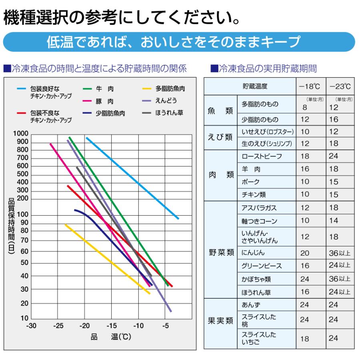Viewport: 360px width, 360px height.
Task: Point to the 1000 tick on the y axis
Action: pyautogui.click(x=21, y=134)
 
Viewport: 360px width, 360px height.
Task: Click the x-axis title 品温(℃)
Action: pyautogui.click(x=111, y=337)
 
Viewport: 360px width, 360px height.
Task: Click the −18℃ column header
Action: pyautogui.click(x=311, y=86)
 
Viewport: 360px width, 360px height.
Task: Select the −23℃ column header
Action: pyautogui.click(x=340, y=86)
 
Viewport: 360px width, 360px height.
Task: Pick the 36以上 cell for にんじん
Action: pyautogui.click(x=340, y=253)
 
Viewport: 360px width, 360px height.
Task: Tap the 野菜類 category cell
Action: pyautogui.click(x=221, y=253)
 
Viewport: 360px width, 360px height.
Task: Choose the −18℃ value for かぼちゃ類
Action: pyautogui.click(x=305, y=279)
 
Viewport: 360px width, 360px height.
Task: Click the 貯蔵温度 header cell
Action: pyautogui.click(x=255, y=86)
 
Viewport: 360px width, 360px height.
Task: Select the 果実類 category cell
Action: pyautogui.click(x=221, y=320)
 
